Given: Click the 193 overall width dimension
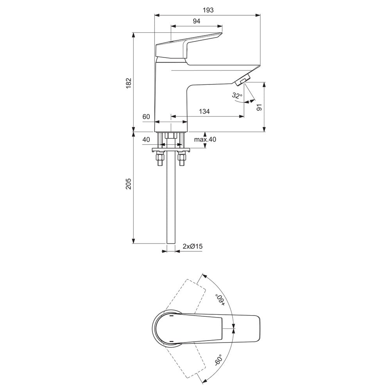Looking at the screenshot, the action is tap(208, 10).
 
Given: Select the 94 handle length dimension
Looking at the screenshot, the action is tap(197, 21).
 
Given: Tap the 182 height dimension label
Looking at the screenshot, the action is tap(128, 83).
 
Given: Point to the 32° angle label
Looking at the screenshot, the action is tap(237, 95).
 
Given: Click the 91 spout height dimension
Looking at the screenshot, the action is tap(259, 107).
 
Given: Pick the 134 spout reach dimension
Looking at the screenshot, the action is tap(204, 111).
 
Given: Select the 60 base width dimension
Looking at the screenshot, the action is tap(146, 117).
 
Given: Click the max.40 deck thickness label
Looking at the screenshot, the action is tap(205, 139).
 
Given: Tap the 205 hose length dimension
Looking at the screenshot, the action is tap(128, 183).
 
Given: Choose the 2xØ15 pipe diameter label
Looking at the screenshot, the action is tap(192, 246).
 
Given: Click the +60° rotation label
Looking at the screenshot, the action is tap(220, 300).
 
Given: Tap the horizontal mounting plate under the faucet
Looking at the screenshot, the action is tap(171, 150).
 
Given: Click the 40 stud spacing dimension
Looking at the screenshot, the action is tap(146, 140).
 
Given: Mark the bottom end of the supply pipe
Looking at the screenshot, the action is tap(171, 243).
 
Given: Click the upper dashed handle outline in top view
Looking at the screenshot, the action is tap(185, 295).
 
